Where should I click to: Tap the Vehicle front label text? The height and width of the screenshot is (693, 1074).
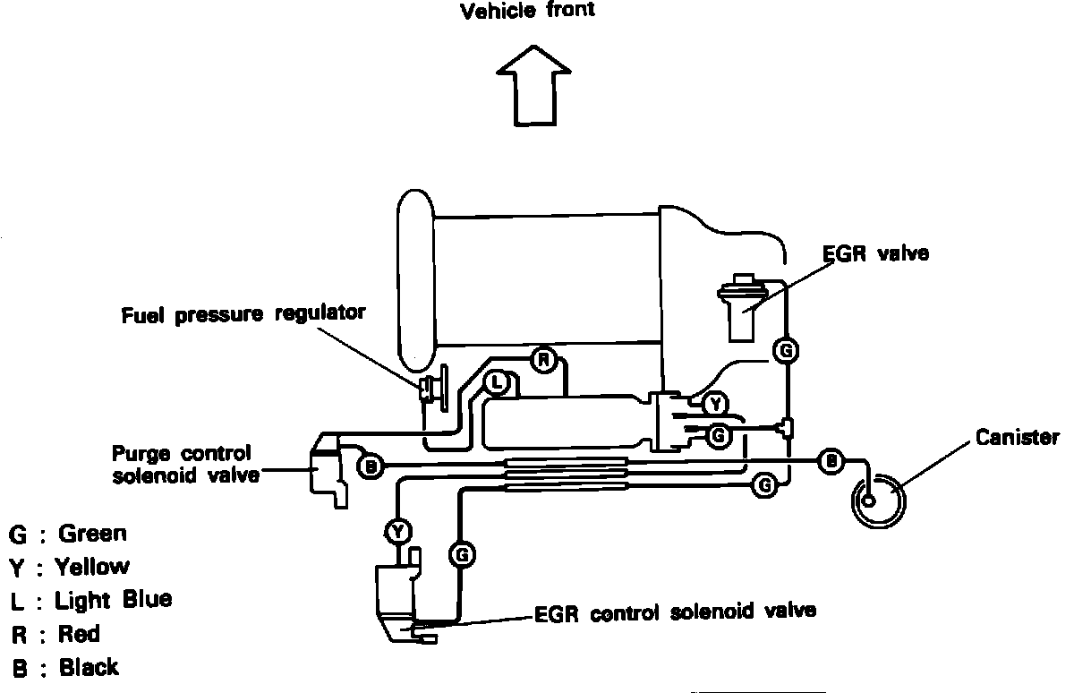coord(526,12)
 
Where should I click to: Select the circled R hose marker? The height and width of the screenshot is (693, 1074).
coord(543,361)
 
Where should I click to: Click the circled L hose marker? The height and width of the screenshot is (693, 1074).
coord(498,383)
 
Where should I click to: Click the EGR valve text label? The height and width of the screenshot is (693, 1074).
coord(875,253)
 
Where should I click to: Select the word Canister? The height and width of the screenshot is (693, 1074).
coord(1018,438)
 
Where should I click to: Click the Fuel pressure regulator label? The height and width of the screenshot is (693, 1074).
coord(244,313)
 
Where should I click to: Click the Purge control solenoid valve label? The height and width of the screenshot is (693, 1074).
coord(182,463)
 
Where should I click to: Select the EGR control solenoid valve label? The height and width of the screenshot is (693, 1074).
coord(675,613)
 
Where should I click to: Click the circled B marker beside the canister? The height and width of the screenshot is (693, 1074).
coord(831,461)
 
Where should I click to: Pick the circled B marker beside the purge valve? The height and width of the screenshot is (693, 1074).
coord(370,466)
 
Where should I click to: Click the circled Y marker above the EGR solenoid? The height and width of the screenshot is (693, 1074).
coord(397,532)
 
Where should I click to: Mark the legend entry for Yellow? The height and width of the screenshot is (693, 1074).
coord(70,567)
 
